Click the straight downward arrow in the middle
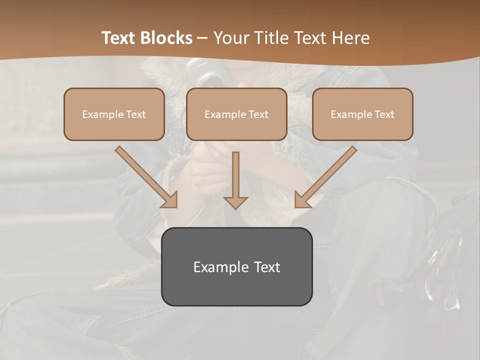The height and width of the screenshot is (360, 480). pyautogui.click(x=235, y=180)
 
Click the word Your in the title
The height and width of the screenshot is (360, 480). pyautogui.click(x=231, y=38)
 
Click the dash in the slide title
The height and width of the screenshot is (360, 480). pyautogui.click(x=202, y=38)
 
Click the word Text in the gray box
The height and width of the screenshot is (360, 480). pyautogui.click(x=267, y=267)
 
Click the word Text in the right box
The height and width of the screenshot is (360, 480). pyautogui.click(x=384, y=114)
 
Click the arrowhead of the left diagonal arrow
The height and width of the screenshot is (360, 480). pyautogui.click(x=170, y=200)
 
